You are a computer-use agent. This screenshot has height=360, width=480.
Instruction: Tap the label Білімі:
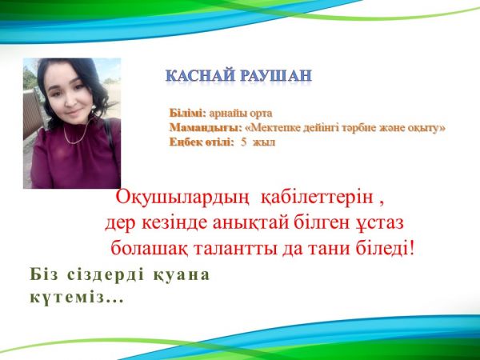(188, 113)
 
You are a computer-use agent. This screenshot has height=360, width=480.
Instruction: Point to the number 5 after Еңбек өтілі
(243, 142)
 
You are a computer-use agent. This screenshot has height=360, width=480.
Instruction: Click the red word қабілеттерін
(317, 198)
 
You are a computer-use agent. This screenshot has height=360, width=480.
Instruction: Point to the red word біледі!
(385, 248)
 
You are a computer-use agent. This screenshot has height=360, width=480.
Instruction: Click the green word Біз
(43, 274)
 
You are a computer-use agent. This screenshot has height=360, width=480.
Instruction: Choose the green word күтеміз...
(67, 298)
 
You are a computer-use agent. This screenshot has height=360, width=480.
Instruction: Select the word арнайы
(228, 114)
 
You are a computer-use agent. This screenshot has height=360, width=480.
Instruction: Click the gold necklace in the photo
(78, 132)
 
